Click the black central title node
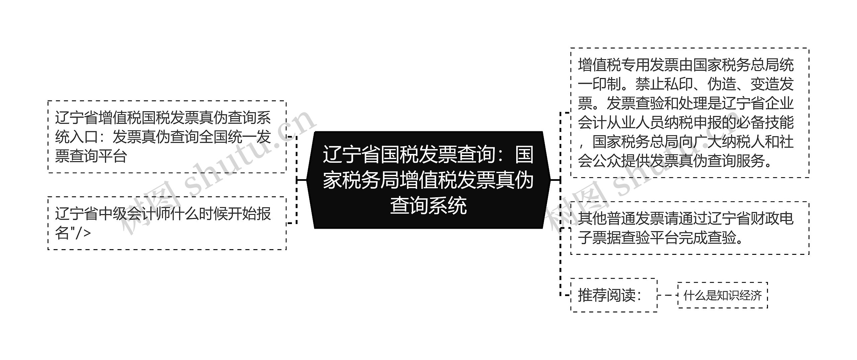click(x=428, y=180)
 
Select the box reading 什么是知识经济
click(x=722, y=295)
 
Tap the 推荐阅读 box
click(x=613, y=295)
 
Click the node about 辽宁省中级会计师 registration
click(x=167, y=223)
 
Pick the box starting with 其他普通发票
click(x=690, y=228)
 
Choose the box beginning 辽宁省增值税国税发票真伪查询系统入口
click(x=167, y=137)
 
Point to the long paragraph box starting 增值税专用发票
click(x=690, y=113)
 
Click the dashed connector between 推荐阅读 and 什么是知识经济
click(x=668, y=295)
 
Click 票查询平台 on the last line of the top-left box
click(x=91, y=156)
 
